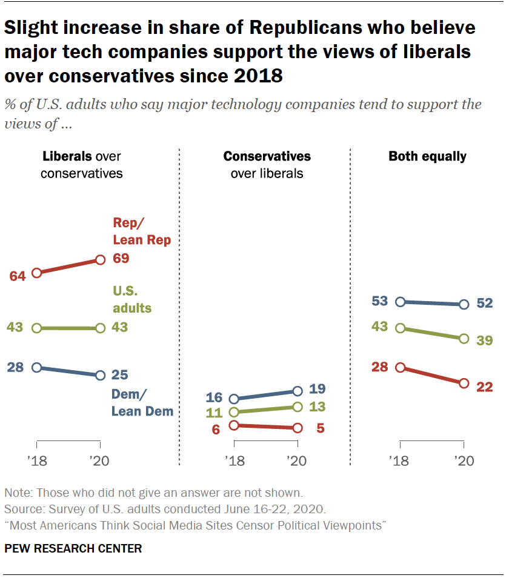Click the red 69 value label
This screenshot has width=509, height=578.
coord(121,259)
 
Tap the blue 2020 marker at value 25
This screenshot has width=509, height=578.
coord(100,375)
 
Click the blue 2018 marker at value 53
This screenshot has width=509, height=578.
coord(400,301)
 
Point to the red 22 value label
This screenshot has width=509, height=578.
coord(484,387)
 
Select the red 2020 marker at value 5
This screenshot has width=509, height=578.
coord(297,428)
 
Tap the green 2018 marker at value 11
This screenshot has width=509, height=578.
coord(234,412)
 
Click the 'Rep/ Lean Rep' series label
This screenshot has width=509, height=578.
coord(141,231)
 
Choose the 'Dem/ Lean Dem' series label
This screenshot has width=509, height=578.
coord(142,402)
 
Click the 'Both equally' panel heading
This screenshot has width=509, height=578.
coord(427,156)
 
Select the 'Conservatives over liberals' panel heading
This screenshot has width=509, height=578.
coord(267,165)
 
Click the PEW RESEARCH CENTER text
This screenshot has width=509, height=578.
coord(73,549)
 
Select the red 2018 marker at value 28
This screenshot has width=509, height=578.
coord(400,367)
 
